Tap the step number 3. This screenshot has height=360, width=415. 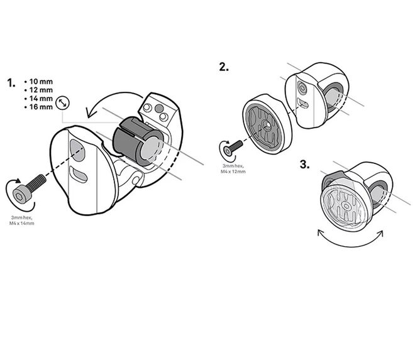tap(304, 165)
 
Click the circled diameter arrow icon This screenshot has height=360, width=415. tap(62, 102)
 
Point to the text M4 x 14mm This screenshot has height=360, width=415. tap(23, 223)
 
